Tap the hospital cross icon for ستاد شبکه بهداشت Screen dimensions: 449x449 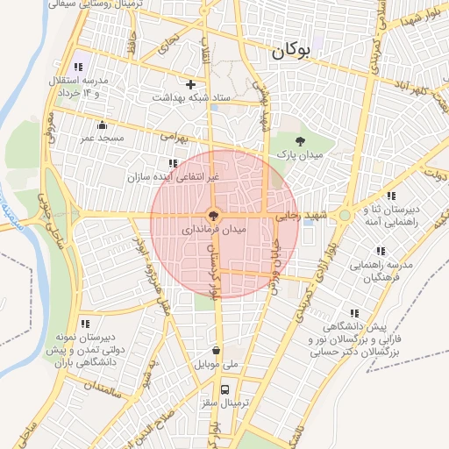(190, 84)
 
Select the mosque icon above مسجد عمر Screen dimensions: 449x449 (102, 125)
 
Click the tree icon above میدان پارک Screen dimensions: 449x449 (301, 140)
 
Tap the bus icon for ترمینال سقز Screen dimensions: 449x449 (225, 388)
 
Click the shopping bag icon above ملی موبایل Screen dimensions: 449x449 (217, 350)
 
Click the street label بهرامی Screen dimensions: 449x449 (171, 138)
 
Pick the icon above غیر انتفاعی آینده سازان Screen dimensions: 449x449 (172, 163)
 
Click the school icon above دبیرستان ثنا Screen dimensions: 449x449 (391, 196)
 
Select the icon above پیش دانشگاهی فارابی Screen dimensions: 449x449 (354, 312)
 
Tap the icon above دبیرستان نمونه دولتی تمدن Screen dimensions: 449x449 (85, 324)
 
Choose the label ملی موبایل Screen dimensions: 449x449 (218, 363)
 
